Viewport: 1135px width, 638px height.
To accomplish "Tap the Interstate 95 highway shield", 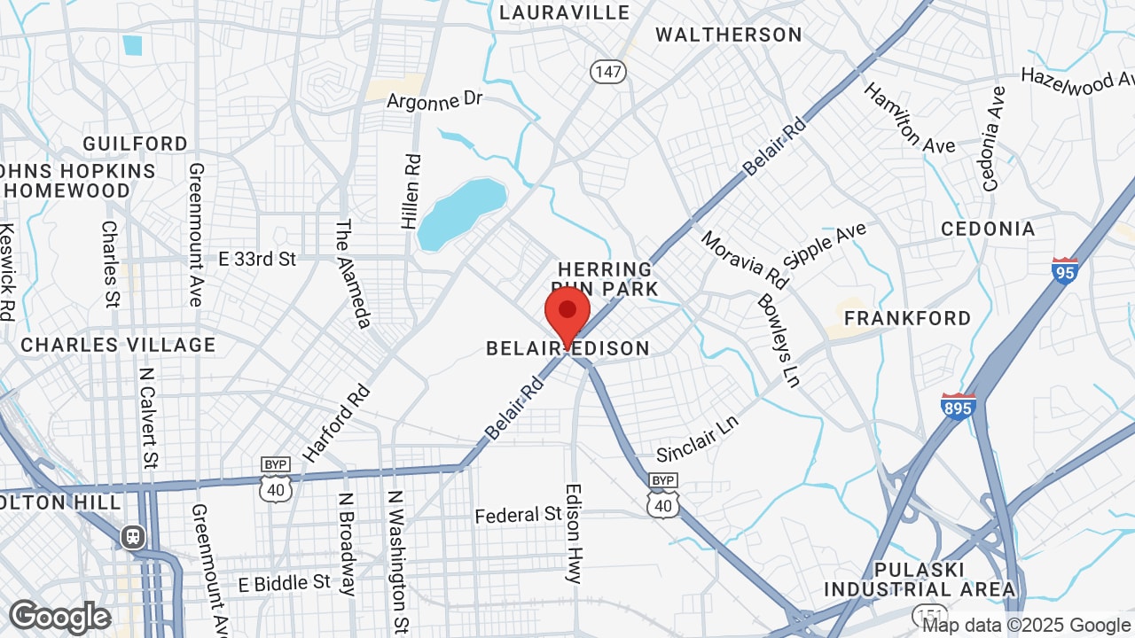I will pos(1065,270).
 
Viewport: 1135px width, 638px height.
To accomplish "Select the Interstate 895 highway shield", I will pos(959,406).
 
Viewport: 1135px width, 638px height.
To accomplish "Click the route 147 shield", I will pos(608,72).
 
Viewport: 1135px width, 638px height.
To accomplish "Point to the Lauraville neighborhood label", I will pos(564,12).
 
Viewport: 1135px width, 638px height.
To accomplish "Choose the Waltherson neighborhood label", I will pos(729,35).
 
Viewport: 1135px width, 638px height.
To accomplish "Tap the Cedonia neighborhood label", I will pos(988,229).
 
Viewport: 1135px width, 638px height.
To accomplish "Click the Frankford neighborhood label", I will pos(907,317).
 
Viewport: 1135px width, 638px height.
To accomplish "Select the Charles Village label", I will pos(118,345).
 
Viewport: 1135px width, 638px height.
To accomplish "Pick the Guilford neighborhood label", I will pos(136,144).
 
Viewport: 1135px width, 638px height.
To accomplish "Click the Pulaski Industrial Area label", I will pos(920,580).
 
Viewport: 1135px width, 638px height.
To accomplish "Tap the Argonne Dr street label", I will pos(434,100).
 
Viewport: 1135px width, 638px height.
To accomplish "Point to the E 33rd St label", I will pos(257,259).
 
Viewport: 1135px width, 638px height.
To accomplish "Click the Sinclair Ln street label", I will pos(697,440).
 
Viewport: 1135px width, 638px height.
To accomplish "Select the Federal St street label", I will pos(519,514).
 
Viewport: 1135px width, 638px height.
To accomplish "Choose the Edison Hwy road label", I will pos(575,533).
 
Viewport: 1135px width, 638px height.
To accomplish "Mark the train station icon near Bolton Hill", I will pos(133,536).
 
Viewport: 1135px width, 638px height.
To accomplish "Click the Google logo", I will pos(59,617).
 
